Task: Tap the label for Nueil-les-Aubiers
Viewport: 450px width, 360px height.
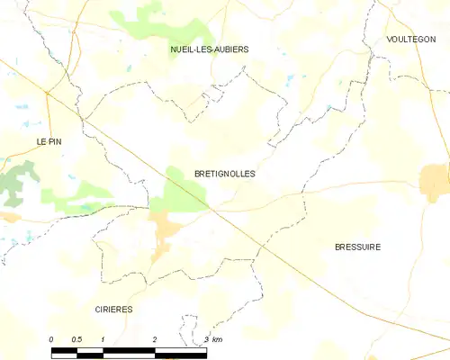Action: [x=210, y=49]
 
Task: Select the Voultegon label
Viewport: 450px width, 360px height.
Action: [x=410, y=40]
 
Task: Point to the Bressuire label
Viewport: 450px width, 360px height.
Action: [x=357, y=247]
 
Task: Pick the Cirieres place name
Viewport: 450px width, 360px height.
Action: [x=114, y=309]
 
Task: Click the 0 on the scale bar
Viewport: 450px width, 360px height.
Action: [x=52, y=338]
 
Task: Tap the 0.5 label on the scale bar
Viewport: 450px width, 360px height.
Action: [x=77, y=338]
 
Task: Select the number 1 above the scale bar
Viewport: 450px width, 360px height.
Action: [x=103, y=338]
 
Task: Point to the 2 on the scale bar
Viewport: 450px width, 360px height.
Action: [x=155, y=338]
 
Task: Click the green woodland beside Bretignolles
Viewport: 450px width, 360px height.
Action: [x=184, y=191]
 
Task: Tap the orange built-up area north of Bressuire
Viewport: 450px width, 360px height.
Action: [x=435, y=179]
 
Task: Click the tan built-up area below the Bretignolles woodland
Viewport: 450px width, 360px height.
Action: [x=165, y=232]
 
